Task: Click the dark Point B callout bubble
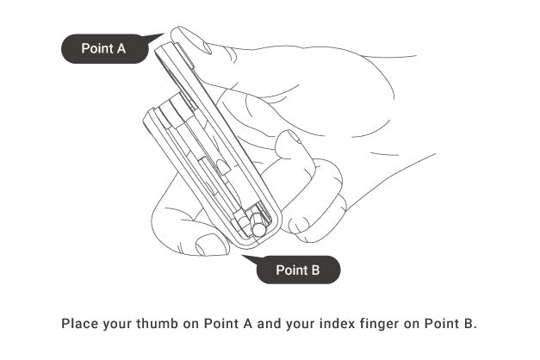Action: point(298,270)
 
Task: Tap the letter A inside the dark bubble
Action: point(121,48)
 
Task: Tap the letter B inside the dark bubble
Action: point(315,270)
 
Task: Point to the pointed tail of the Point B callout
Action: point(243,256)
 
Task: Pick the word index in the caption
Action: point(337,324)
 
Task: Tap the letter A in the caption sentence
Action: point(248,324)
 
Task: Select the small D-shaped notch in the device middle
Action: point(223,166)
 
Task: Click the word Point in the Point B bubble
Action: point(292,270)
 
